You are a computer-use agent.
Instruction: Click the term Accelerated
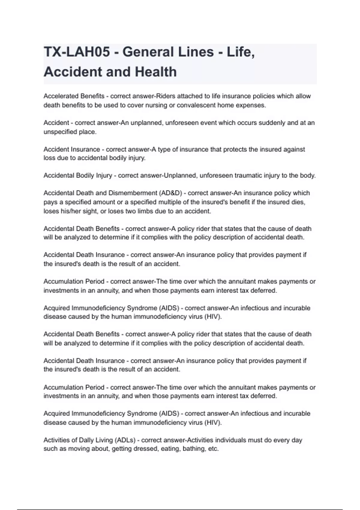click(x=61, y=96)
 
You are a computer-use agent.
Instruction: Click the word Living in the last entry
click(x=101, y=440)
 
